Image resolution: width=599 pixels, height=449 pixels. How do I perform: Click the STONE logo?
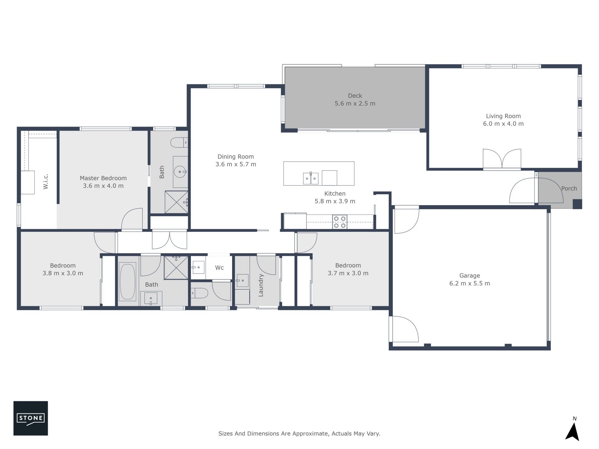pyautogui.click(x=31, y=418)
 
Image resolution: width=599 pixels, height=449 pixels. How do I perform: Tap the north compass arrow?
pyautogui.click(x=572, y=432)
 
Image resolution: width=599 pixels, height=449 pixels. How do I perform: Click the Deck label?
pyautogui.click(x=355, y=96)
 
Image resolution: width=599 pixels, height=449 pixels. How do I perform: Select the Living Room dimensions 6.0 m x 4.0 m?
pyautogui.click(x=503, y=124)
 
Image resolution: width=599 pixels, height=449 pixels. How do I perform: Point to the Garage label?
pyautogui.click(x=470, y=276)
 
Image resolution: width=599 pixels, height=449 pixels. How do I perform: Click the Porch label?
pyautogui.click(x=569, y=188)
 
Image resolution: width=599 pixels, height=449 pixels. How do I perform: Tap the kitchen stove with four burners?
pyautogui.click(x=340, y=222)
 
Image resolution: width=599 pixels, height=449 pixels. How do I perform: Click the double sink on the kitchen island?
pyautogui.click(x=311, y=179)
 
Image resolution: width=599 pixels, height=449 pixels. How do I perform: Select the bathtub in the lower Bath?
pyautogui.click(x=127, y=281)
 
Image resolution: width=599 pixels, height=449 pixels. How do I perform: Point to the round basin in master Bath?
pyautogui.click(x=180, y=171)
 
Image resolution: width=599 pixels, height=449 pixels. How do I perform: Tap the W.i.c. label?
pyautogui.click(x=46, y=181)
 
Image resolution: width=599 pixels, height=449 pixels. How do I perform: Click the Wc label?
pyautogui.click(x=219, y=268)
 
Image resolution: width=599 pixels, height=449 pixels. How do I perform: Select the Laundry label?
pyautogui.click(x=261, y=285)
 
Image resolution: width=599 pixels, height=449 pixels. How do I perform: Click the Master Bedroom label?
pyautogui.click(x=103, y=178)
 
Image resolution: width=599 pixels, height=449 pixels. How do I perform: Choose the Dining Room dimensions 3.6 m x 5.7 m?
pyautogui.click(x=236, y=164)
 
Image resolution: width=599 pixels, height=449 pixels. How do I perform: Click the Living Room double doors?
pyautogui.click(x=502, y=159)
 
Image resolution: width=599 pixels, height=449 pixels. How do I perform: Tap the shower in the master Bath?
pyautogui.click(x=177, y=202)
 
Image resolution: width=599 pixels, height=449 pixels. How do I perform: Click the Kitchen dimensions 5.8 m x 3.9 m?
pyautogui.click(x=335, y=201)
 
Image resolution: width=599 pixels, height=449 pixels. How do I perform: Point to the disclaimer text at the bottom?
pyautogui.click(x=299, y=433)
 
